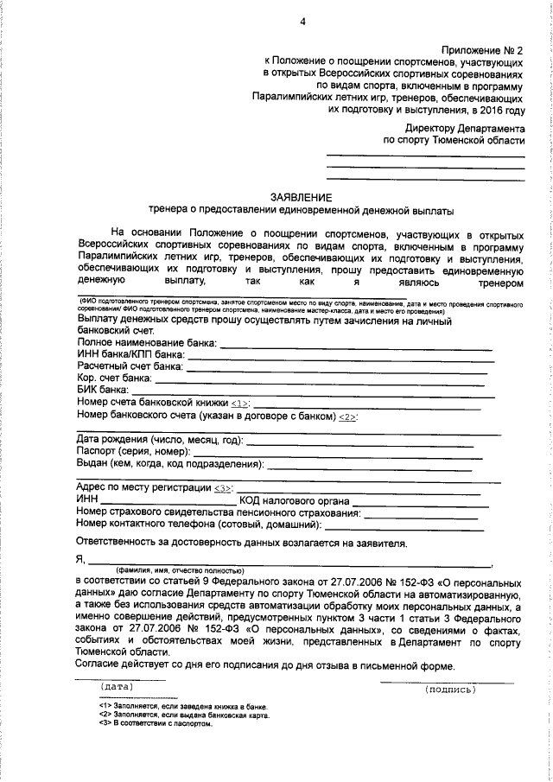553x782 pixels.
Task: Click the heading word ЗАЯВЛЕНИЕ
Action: click(301, 197)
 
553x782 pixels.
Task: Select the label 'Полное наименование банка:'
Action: click(145, 343)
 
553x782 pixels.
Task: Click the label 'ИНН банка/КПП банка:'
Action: click(130, 354)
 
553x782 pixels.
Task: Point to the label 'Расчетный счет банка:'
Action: click(130, 366)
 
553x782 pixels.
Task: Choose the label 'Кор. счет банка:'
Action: click(114, 378)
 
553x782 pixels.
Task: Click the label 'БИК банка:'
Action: click(102, 390)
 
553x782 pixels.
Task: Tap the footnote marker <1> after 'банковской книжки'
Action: click(240, 403)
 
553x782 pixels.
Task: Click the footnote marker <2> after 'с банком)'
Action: click(347, 416)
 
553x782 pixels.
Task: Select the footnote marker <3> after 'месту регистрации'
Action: click(223, 488)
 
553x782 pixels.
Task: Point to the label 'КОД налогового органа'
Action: click(295, 500)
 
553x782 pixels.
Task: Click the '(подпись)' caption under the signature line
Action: click(450, 690)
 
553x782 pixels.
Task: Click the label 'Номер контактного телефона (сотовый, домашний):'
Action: click(198, 524)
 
